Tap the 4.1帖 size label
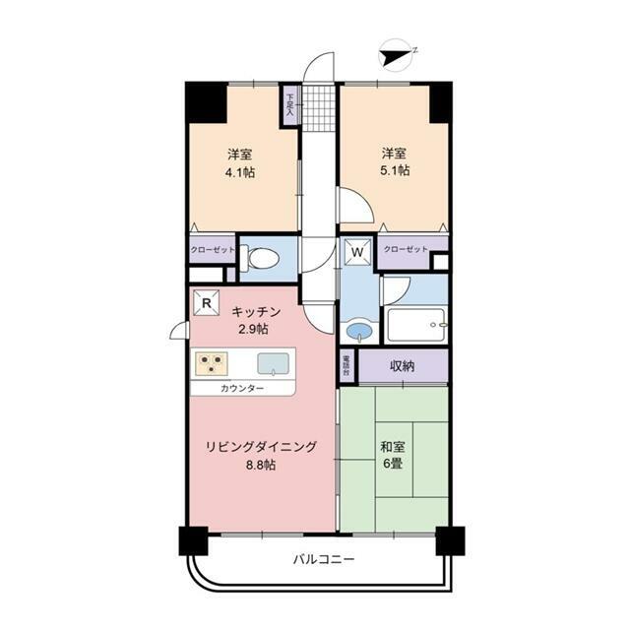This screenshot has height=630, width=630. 239,170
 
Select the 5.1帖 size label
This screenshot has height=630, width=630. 396,170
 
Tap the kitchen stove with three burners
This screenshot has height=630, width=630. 212,362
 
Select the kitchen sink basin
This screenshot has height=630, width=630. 275,362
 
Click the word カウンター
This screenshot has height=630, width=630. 241,388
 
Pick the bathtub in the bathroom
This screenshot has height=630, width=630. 415,324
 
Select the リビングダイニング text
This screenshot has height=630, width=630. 261,446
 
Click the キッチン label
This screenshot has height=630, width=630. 251,310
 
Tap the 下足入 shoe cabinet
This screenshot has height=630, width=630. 290,104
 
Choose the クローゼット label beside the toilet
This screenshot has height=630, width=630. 213,250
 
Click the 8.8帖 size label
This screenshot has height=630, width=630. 261,465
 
